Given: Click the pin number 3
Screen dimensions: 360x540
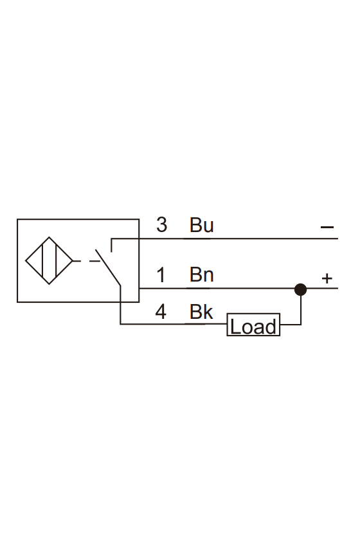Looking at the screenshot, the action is tap(161, 225).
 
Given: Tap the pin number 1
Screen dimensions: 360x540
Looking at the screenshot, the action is tap(161, 275).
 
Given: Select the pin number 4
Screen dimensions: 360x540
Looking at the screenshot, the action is tap(161, 312).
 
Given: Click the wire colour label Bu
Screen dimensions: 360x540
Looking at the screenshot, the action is tap(201, 225).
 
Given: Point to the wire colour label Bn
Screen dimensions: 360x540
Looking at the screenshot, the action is tap(201, 275).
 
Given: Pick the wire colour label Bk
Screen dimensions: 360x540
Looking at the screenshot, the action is tap(201, 312).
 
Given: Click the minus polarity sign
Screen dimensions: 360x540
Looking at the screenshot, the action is tap(327, 227).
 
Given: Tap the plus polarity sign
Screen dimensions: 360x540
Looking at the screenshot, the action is tap(327, 278).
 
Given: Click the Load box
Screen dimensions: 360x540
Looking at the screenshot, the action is tap(253, 325).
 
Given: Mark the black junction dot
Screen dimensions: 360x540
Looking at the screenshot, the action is tap(301, 289).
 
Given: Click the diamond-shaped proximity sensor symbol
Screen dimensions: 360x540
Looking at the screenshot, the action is tap(49, 260).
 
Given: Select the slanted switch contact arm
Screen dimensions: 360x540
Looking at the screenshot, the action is tap(108, 267).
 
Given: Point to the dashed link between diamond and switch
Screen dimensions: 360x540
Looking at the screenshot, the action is tap(86, 261).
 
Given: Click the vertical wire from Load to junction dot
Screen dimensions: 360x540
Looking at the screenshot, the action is tap(301, 310).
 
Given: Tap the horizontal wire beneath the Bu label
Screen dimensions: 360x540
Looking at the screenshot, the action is tap(224, 239).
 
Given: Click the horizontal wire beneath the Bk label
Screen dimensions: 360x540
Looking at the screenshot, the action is tap(174, 324).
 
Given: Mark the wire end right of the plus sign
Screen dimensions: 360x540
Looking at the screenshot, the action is tap(338, 288).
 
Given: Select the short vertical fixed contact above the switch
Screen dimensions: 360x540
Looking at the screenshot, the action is tap(111, 245).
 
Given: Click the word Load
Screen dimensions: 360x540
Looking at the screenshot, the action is tap(253, 326).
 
